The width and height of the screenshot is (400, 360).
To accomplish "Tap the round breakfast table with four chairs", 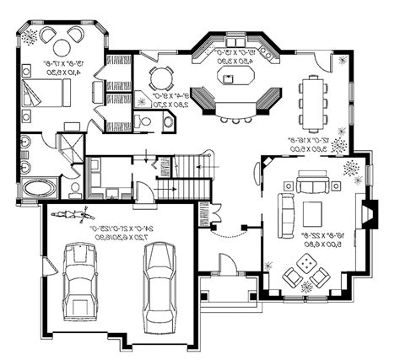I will (x=161, y=78).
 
